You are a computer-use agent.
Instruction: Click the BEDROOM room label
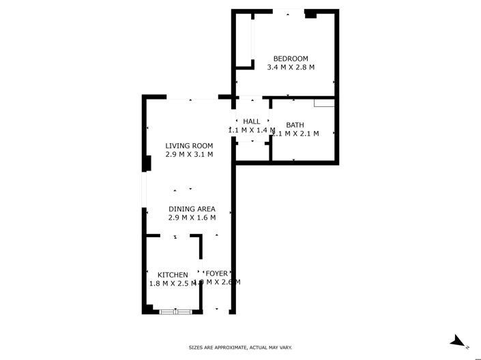(x=291, y=58)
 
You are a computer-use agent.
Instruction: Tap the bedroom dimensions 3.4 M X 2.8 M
(x=291, y=67)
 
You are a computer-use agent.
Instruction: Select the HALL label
(x=252, y=121)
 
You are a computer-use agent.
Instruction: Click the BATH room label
(x=295, y=125)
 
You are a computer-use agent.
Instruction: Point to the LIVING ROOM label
(x=189, y=145)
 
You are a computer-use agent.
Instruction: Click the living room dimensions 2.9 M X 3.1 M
(x=189, y=155)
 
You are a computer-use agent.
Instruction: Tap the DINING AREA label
(x=192, y=209)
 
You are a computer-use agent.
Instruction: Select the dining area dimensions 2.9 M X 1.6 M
(x=192, y=218)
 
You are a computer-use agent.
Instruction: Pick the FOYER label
(x=216, y=273)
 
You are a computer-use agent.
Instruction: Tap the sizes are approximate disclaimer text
(x=240, y=348)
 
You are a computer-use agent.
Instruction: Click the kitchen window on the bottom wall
(x=175, y=312)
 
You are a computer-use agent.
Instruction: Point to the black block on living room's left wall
(x=146, y=164)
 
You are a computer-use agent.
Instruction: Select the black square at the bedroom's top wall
(x=310, y=13)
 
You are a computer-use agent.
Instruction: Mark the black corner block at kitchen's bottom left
(x=147, y=309)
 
